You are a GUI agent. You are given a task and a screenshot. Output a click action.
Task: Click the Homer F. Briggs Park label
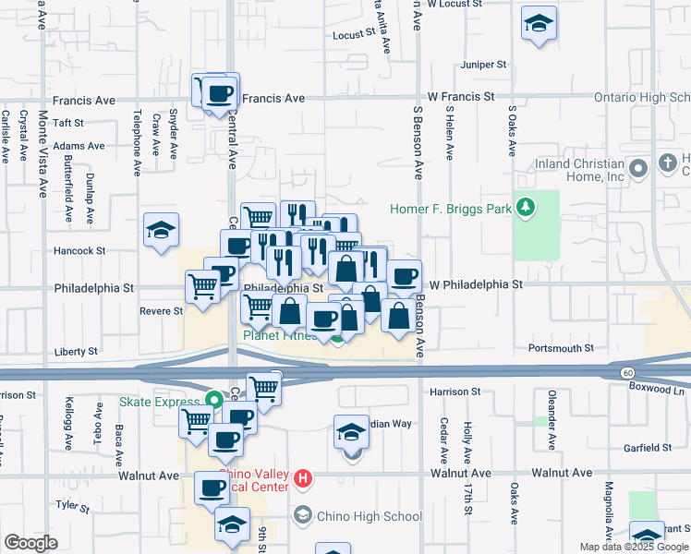point(450,209)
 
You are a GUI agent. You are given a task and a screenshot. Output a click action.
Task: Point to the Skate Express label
point(159,402)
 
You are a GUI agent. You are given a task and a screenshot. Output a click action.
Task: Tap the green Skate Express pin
point(214,401)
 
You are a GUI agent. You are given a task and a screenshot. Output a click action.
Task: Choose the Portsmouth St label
point(561,348)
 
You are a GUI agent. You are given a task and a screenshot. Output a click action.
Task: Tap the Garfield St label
point(647,448)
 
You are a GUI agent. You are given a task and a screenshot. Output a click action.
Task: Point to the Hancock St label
point(80,250)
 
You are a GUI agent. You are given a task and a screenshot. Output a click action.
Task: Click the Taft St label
point(67,122)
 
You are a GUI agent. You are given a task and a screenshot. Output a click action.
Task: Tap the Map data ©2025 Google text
point(633,547)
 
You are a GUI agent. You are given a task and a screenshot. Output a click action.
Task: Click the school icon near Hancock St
point(161,231)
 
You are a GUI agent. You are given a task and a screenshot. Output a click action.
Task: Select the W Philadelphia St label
point(476,284)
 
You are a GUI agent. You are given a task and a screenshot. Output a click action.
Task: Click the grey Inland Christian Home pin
point(637,168)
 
